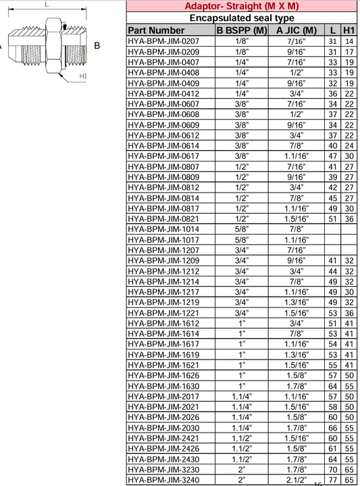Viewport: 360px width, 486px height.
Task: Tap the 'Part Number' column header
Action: [x=155, y=30]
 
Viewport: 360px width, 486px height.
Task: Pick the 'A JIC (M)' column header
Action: [x=297, y=30]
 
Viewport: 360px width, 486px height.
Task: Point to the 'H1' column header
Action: [x=349, y=30]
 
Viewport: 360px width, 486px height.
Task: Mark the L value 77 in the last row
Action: [x=332, y=480]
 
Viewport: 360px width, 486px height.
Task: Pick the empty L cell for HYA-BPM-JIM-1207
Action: [x=332, y=250]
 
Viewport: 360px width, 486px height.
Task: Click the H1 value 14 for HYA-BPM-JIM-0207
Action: [x=349, y=41]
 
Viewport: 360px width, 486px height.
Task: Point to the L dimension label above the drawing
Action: [x=46, y=5]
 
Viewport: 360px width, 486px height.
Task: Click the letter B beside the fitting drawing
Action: [x=97, y=46]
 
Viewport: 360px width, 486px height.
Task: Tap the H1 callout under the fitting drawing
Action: [x=83, y=76]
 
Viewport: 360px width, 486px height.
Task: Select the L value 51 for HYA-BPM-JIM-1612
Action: [x=332, y=323]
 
